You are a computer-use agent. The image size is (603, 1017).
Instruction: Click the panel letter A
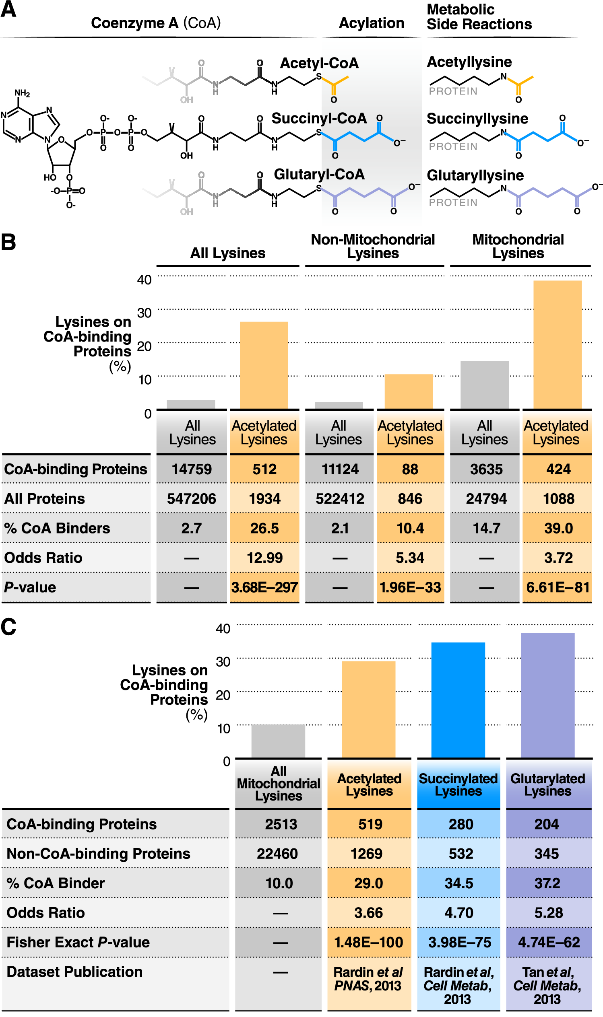coord(8,9)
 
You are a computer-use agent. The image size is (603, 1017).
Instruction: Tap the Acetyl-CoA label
coord(319,63)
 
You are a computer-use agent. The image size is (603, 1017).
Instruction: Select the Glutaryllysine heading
coord(475,175)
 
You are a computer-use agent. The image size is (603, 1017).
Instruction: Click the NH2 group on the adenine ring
coord(22,93)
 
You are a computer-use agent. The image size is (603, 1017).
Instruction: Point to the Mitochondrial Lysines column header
coord(518,246)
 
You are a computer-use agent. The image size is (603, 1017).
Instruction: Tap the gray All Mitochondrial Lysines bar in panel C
coord(278,741)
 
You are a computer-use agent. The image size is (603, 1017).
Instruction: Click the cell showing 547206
coord(191,498)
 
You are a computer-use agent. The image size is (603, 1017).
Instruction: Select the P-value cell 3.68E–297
coord(264,587)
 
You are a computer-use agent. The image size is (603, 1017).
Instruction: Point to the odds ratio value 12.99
coord(264,558)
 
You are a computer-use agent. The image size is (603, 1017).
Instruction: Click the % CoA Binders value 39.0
coord(558,528)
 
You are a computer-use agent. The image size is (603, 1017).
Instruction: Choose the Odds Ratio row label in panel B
coord(43,558)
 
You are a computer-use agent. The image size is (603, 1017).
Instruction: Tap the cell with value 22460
coord(277,854)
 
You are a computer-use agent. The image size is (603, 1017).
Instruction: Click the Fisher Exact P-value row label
coord(78,942)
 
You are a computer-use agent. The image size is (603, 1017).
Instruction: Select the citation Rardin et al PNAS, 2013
coord(368,979)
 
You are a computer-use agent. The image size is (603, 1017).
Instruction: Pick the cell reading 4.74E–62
coord(549,942)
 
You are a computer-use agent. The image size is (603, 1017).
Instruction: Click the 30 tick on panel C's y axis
coord(223,662)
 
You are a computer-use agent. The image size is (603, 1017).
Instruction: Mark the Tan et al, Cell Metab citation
coord(547,985)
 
